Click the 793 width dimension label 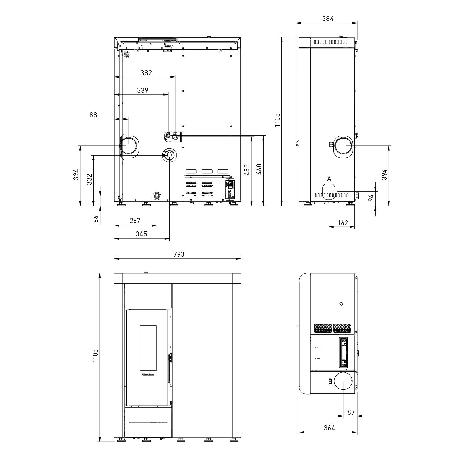179,254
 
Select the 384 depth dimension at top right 328,19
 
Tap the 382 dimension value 146,73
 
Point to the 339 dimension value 143,90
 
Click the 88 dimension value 93,115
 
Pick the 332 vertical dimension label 89,179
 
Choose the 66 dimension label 96,219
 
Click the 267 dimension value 135,221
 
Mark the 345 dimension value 141,234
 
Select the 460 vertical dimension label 259,169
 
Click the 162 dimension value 343,223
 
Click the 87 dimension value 351,412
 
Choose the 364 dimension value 329,428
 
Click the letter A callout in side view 329,178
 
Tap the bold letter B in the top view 330,381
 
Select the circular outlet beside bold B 343,381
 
